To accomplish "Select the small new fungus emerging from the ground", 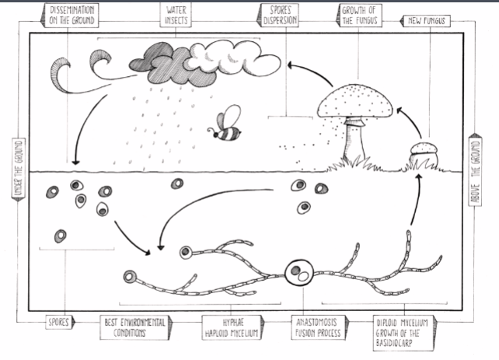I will click(x=424, y=156).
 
